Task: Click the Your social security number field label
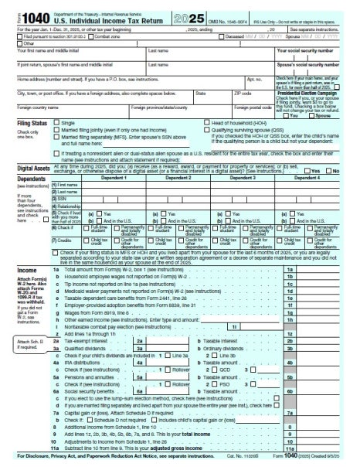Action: pyautogui.click(x=320, y=49)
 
